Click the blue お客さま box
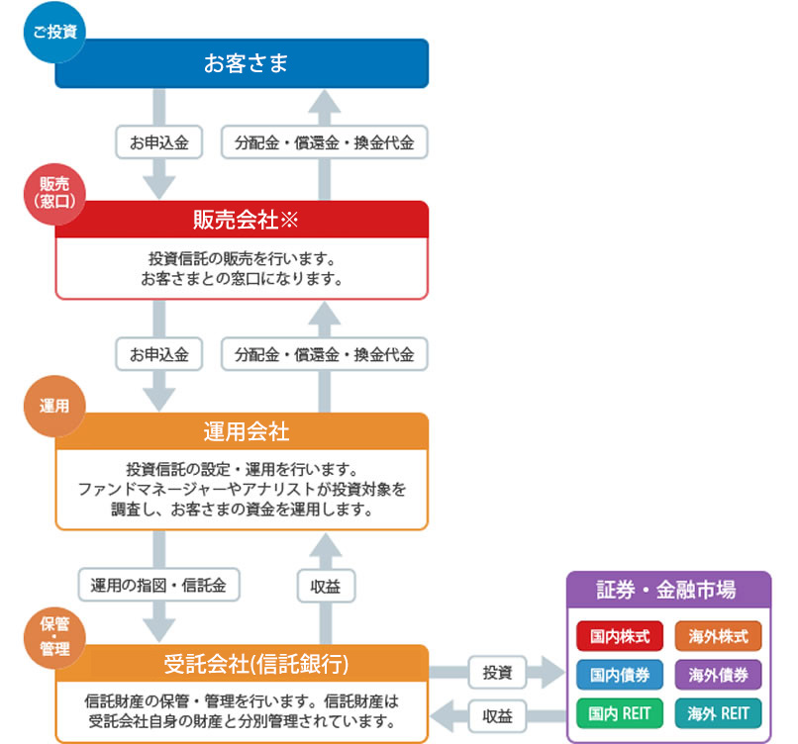242,63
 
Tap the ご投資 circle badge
54,32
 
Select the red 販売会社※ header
242,220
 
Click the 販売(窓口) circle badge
54,194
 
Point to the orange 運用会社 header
242,431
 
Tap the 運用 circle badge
54,406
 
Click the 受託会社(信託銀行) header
242,663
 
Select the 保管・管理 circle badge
54,638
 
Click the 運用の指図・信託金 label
158,585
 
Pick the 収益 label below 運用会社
326,587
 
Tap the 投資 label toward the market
497,673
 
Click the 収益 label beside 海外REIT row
497,716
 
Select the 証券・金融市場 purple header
668,590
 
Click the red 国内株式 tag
620,636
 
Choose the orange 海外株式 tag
718,636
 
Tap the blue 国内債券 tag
620,675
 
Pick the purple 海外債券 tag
718,675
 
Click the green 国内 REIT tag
620,713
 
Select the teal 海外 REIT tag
718,713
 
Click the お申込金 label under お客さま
158,142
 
